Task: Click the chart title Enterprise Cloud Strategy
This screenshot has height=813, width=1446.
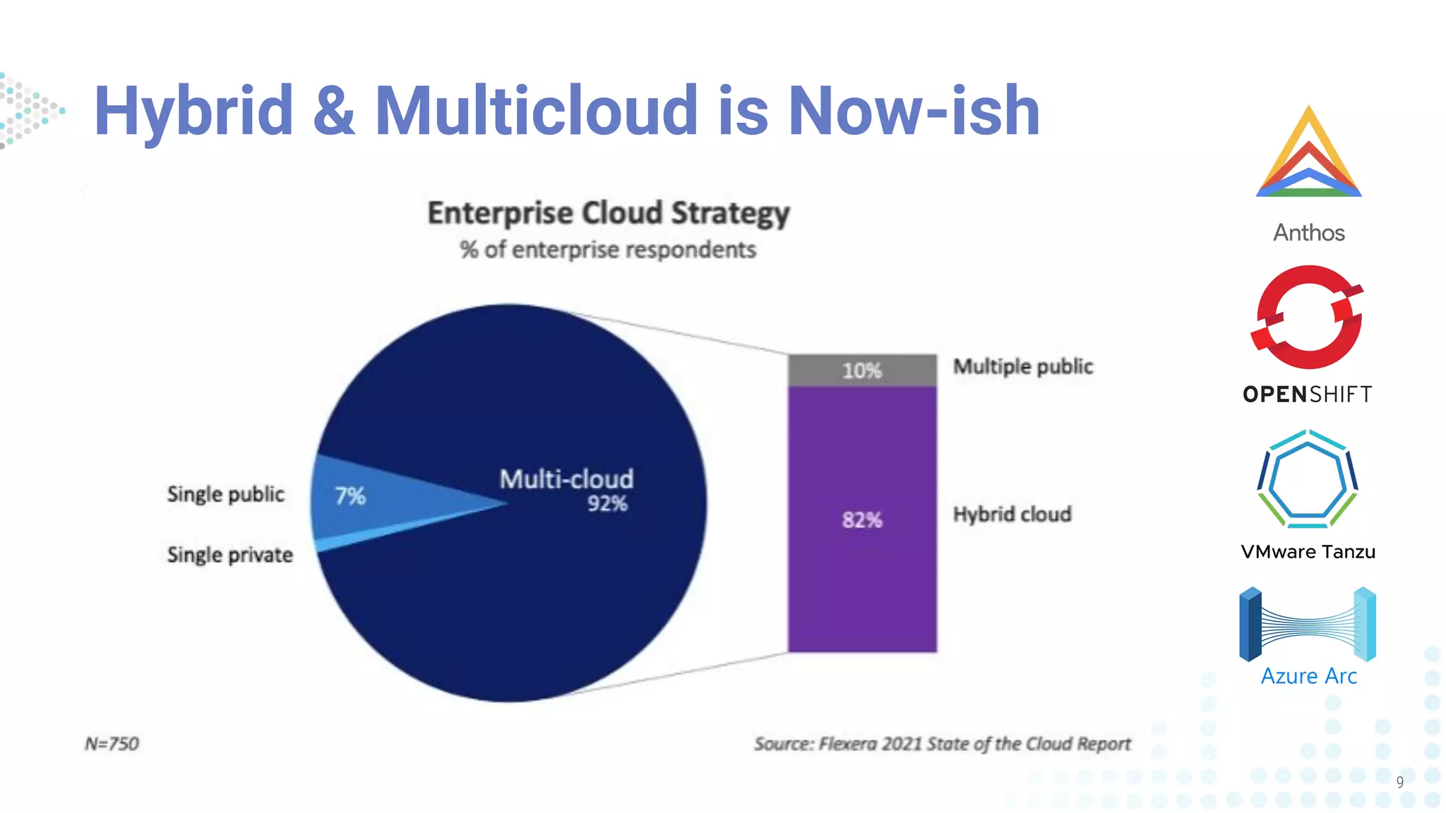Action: tap(608, 213)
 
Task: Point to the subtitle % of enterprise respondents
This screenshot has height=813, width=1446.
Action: tap(608, 250)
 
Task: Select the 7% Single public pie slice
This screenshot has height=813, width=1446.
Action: tap(367, 498)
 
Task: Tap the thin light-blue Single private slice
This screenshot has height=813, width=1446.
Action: tap(353, 539)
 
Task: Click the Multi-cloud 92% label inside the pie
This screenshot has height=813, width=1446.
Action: tap(567, 489)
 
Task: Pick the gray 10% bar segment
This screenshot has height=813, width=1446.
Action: tap(862, 371)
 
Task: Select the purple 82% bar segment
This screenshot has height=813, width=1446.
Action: tap(862, 519)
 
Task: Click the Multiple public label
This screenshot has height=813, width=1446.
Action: tap(1023, 366)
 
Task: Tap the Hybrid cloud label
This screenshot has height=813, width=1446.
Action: tap(1012, 514)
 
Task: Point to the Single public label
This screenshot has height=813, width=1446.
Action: tap(226, 494)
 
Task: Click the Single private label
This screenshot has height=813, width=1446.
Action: tap(230, 555)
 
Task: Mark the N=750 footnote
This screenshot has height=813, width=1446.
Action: tap(112, 744)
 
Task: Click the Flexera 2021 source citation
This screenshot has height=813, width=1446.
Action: tap(943, 744)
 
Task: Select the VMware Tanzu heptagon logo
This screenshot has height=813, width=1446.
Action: tap(1308, 480)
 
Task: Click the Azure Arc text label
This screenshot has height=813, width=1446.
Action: tap(1308, 676)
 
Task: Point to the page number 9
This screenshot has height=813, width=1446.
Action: tap(1399, 782)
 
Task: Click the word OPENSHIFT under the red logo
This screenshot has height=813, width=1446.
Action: tap(1308, 395)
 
